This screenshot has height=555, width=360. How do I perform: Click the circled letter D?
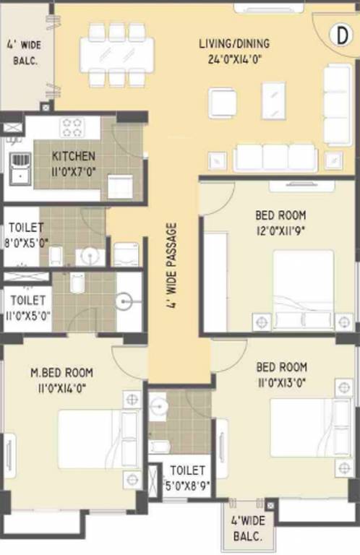click(338, 34)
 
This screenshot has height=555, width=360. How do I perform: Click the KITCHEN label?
click(73, 156)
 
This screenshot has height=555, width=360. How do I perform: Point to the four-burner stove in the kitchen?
click(72, 127)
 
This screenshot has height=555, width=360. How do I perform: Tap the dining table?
click(116, 53)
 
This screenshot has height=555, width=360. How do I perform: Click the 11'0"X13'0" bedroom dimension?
click(280, 381)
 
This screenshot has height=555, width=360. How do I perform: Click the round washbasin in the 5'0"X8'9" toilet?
click(158, 406)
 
